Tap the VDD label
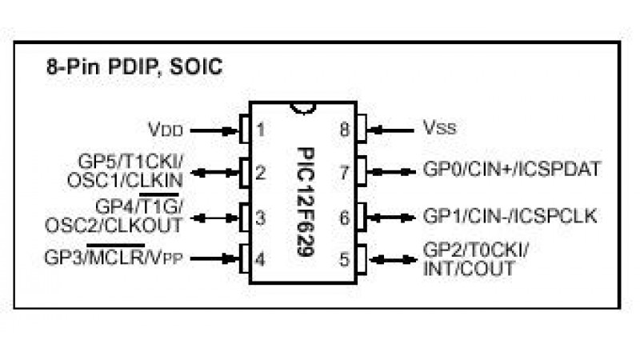166,128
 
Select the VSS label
439,128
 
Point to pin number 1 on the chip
261,128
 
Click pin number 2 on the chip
261,171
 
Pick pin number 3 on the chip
261,216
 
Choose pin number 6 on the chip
343,216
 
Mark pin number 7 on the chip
343,171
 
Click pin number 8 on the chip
343,128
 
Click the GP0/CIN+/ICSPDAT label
511,170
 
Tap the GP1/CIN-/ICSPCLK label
510,216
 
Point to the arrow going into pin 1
216,128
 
